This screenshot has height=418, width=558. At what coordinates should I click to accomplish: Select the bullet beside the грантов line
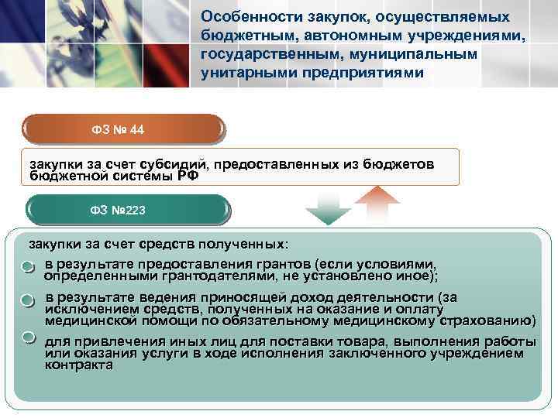(x=29, y=267)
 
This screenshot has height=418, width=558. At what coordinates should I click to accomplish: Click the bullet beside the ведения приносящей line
(x=29, y=300)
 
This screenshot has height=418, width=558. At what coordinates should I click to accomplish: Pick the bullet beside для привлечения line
(x=29, y=337)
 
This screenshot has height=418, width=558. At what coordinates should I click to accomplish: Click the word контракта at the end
(x=78, y=365)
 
